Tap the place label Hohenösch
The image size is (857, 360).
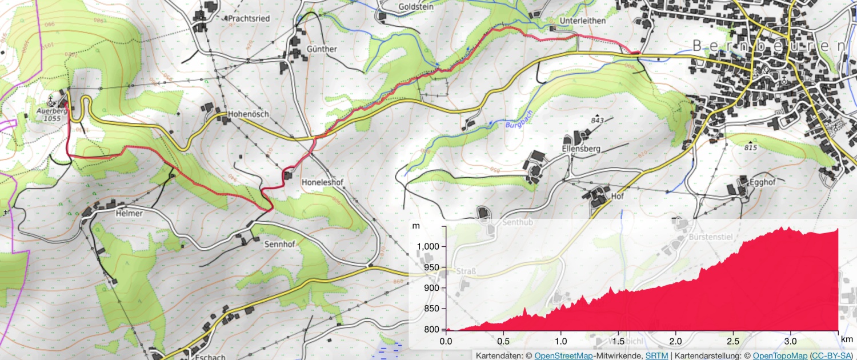coord(248,114)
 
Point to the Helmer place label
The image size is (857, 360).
coord(129,213)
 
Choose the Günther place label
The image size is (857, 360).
coord(322,49)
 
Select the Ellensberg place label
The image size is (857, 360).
coord(582,149)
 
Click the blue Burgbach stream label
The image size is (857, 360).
coord(518,120)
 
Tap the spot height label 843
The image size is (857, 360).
coord(598,121)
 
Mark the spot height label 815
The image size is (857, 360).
coord(751,148)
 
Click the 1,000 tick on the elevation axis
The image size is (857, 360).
coord(427,246)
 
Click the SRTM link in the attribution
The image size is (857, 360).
coord(656,355)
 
